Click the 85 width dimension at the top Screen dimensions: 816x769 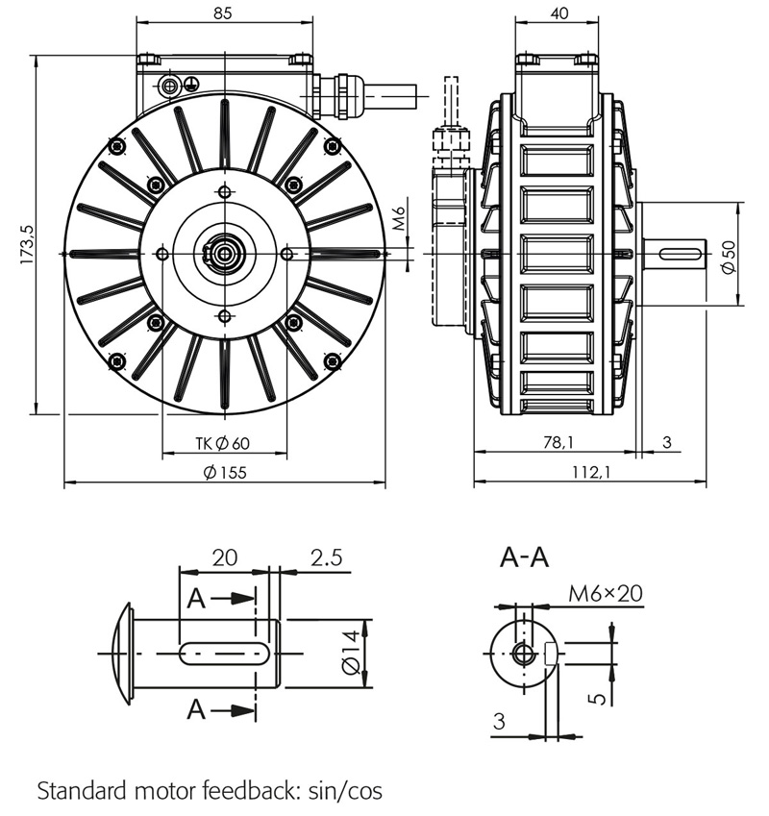[222, 14]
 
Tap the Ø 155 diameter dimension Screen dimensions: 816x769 [225, 472]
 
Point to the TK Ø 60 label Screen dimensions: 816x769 [222, 443]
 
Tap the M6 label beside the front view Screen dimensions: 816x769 [401, 224]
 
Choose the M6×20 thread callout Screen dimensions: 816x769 [605, 593]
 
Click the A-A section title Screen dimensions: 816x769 [525, 556]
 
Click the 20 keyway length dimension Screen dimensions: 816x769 [224, 557]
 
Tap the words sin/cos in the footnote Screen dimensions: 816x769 [344, 791]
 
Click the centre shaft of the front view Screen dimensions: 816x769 [224, 254]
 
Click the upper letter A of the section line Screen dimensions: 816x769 [196, 599]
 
